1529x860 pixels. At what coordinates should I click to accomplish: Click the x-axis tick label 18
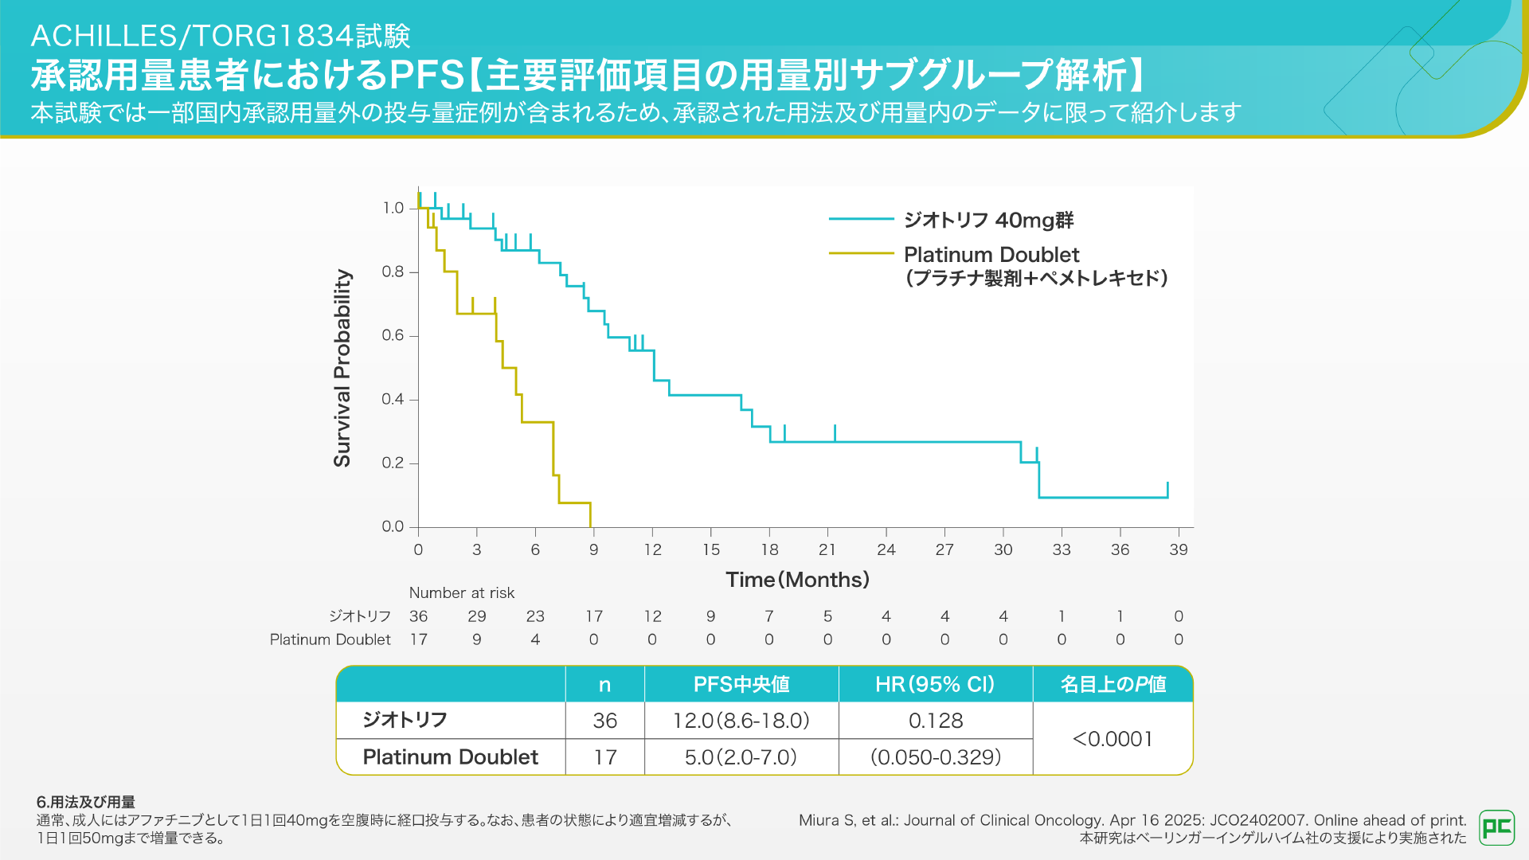(769, 549)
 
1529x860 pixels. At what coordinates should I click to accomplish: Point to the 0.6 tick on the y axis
(393, 335)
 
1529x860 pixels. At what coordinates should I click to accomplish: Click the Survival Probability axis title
(342, 368)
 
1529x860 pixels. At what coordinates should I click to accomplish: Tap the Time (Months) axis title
(797, 580)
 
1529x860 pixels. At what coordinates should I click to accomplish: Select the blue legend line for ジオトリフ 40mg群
(861, 219)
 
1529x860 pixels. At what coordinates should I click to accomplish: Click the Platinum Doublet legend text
(991, 255)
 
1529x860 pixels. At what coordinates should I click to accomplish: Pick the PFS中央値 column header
(741, 684)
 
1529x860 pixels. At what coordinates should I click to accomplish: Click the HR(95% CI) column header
(935, 684)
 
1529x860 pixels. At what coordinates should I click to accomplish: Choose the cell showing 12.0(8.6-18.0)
(741, 721)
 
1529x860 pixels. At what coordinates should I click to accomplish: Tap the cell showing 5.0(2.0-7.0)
(741, 756)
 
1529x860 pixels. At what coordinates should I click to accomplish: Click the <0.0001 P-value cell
(1113, 739)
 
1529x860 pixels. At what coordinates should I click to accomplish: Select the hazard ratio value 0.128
(936, 721)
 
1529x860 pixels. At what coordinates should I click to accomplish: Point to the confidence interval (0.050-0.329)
(936, 756)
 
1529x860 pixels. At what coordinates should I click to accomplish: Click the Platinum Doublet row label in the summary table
(450, 756)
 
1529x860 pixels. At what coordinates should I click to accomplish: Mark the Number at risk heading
(462, 592)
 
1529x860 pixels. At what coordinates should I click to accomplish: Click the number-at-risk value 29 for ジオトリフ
(477, 616)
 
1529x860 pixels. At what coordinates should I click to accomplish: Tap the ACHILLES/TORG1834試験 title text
(221, 36)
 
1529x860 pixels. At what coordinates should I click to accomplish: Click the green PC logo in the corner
(1496, 827)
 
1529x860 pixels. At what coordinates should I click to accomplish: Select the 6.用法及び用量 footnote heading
(86, 802)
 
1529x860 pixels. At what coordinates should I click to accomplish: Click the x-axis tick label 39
(1179, 549)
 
